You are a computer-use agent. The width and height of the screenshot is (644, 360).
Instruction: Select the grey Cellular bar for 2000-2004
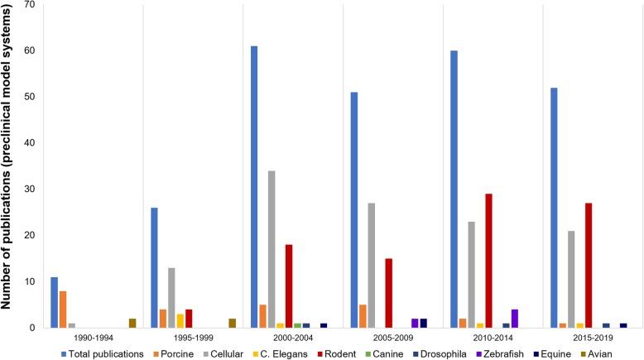click(x=272, y=249)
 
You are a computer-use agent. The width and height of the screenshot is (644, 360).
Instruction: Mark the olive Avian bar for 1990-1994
click(x=132, y=324)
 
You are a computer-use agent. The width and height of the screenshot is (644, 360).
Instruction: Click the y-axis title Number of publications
click(x=11, y=166)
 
